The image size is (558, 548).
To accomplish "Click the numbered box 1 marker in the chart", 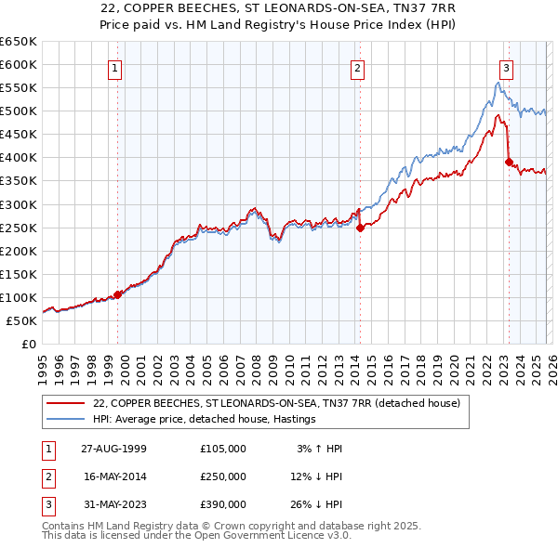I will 114,67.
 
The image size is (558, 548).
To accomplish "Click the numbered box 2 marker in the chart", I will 358,67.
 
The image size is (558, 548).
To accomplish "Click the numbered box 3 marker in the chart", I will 507,67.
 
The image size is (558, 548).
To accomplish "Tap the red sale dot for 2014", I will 360,228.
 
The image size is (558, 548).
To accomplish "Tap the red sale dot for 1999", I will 118,294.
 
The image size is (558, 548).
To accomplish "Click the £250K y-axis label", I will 20,228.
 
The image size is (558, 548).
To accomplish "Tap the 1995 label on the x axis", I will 43,368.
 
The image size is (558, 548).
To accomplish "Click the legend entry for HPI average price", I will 205,420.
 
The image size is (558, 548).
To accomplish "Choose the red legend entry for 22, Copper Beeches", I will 270,403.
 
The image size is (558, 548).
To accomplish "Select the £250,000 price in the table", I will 223,476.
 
